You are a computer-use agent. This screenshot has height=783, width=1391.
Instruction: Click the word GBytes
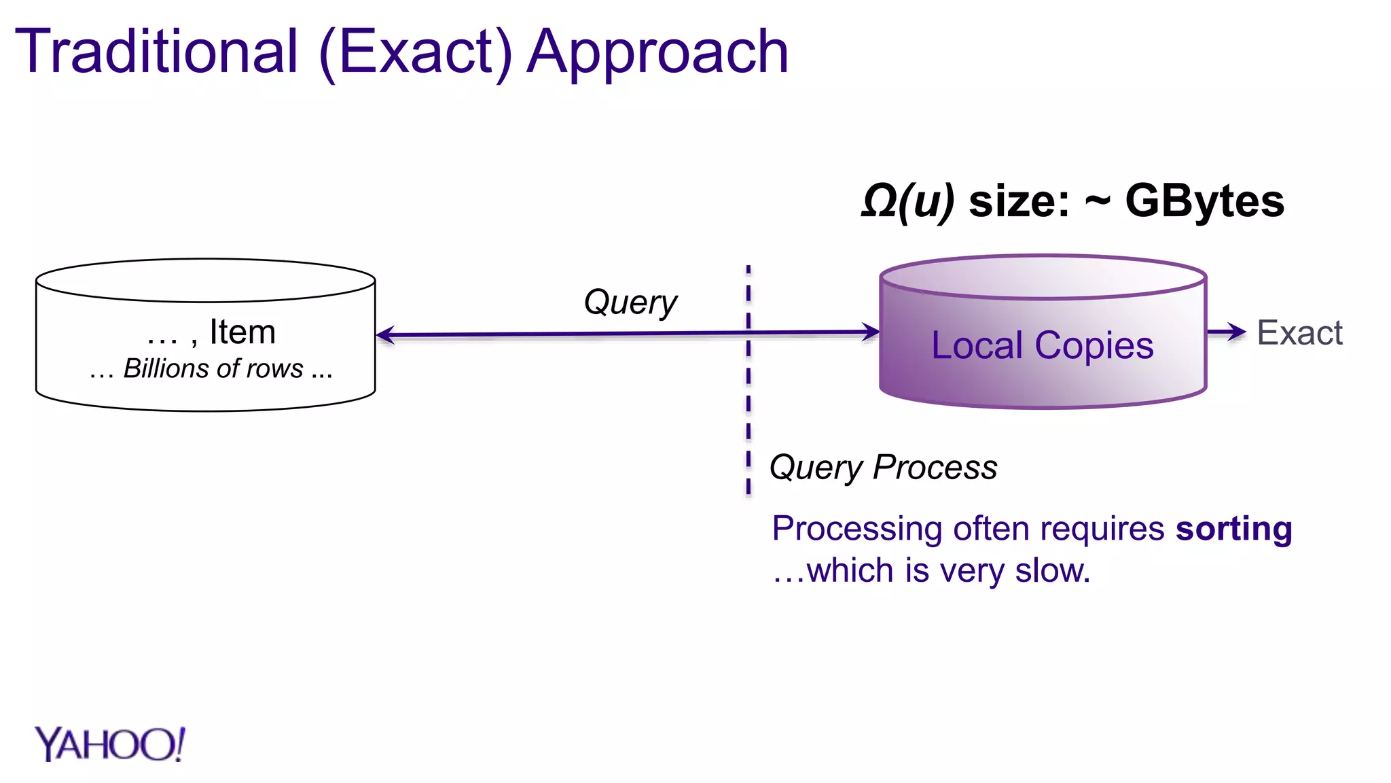tap(1204, 201)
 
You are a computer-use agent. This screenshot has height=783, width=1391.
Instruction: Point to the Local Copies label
tap(1042, 345)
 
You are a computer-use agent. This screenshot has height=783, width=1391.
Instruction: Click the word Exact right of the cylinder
tap(1299, 333)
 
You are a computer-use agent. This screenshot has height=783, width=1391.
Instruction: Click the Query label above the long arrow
tap(630, 303)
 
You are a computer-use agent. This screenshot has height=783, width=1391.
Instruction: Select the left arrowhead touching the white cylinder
tap(385, 334)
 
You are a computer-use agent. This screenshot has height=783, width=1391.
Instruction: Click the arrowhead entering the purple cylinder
tap(871, 332)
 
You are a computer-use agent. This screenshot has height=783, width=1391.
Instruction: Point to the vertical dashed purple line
tap(748, 408)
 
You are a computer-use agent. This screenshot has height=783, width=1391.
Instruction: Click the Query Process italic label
tap(883, 468)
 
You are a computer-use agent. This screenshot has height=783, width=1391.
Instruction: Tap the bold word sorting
tap(1233, 529)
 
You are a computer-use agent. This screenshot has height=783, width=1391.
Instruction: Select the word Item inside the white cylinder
tap(242, 332)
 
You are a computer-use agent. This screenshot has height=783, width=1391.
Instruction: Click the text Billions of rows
tap(213, 368)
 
